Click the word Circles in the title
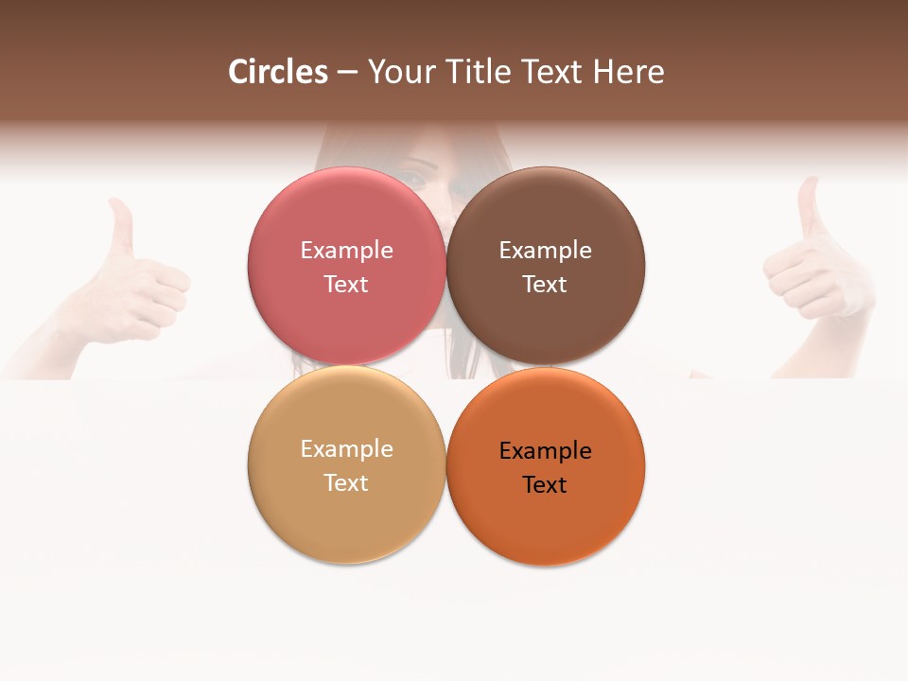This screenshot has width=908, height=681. [278, 72]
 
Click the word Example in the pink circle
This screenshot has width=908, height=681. [346, 251]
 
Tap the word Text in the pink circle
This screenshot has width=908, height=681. [346, 285]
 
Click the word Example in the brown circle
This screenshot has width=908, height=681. [546, 251]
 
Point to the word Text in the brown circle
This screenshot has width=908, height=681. [546, 285]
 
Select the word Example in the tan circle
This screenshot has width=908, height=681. [346, 449]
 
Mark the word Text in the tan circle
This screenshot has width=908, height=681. [346, 483]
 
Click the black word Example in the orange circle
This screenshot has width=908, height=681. [546, 451]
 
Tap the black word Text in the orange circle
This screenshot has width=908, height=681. [546, 485]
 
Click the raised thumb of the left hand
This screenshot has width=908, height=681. [120, 227]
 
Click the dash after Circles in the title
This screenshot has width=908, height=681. [347, 73]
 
